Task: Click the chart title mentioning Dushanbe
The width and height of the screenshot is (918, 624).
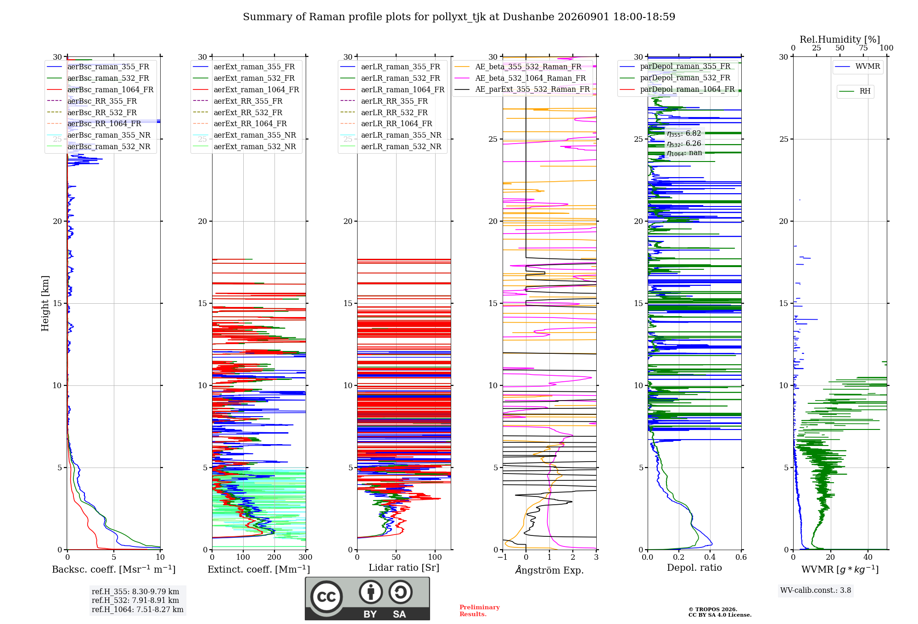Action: (x=459, y=17)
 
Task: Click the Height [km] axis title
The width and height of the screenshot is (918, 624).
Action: (x=45, y=303)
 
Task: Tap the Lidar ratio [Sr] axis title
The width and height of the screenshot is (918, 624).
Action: (x=404, y=568)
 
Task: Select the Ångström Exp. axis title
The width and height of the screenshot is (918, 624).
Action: (x=549, y=570)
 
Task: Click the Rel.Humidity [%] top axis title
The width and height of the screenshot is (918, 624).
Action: (x=840, y=39)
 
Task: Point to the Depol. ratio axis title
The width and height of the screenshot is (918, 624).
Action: (x=694, y=568)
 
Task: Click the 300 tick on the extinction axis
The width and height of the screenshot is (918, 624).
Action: (x=305, y=557)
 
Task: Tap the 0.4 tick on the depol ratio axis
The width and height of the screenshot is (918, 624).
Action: (x=710, y=557)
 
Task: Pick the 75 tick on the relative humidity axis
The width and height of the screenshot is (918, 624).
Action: (x=863, y=48)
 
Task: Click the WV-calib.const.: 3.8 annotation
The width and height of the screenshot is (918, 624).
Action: (x=816, y=591)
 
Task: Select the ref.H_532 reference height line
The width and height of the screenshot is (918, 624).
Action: (x=135, y=600)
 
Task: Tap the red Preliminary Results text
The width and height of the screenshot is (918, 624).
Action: (x=480, y=611)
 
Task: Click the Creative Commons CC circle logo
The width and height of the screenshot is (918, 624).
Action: (x=326, y=597)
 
